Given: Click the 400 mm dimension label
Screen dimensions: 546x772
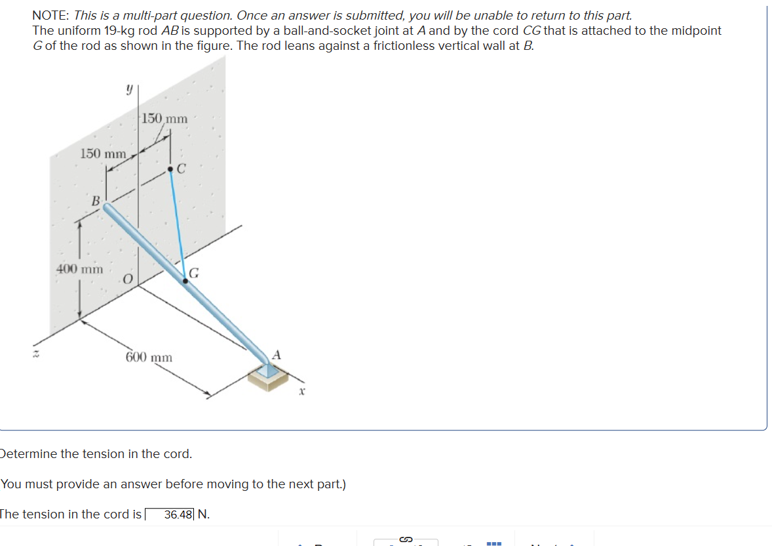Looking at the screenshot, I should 79,269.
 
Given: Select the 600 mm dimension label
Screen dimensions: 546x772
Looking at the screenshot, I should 149,358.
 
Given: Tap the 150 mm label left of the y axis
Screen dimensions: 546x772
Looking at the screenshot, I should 103,154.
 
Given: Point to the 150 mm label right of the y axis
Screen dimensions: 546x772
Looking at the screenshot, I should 164,119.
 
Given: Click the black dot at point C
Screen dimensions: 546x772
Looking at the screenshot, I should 171,169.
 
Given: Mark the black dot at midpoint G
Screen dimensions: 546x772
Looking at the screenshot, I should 186,281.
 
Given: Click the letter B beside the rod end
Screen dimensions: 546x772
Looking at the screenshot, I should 96,200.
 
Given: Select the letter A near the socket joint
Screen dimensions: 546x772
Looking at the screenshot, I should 276,354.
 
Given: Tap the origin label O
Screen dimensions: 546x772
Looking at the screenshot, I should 128,280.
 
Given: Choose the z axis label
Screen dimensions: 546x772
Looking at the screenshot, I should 38,354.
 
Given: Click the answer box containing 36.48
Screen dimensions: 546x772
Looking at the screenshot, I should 170,514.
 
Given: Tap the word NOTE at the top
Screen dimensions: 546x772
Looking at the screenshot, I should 51,16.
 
